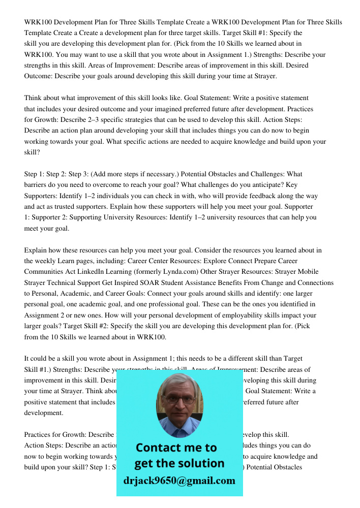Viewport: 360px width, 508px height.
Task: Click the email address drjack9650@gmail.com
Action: [x=179, y=481]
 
